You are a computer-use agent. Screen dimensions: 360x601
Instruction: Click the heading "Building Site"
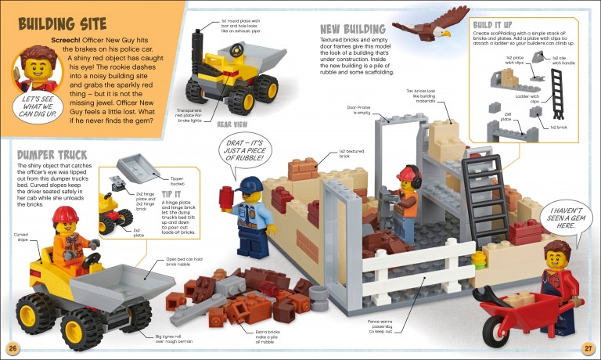pyautogui.click(x=59, y=22)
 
